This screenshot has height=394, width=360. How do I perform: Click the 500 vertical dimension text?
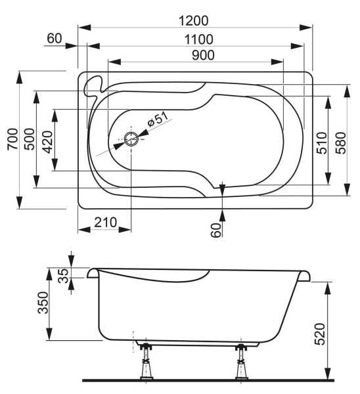point(30,139)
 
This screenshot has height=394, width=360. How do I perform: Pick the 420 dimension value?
point(47,139)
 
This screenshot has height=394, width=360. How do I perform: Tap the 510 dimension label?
point(321,142)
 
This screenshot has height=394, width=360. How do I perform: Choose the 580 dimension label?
point(340,141)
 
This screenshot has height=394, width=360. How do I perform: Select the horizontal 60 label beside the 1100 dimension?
point(54,39)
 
